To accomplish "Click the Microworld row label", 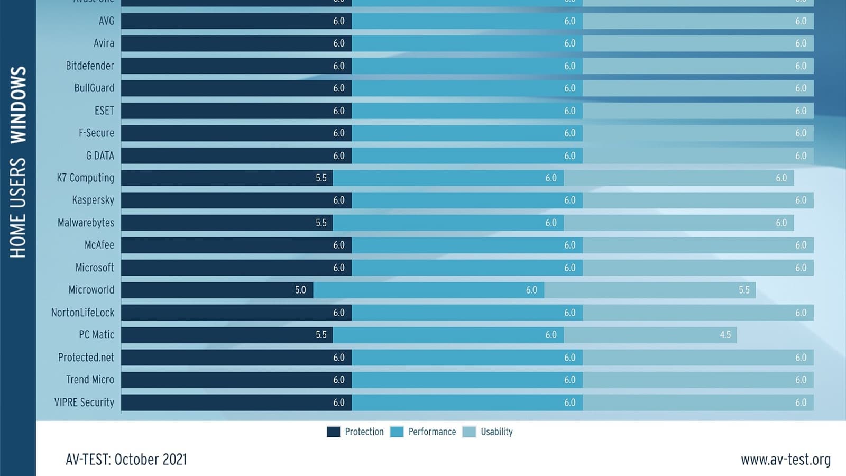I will (91, 290).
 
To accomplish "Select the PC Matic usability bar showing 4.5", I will (650, 335).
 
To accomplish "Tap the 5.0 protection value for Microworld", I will (300, 290).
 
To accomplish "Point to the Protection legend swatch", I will (333, 432).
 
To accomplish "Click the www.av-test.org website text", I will (785, 460).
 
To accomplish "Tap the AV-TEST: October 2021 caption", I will (126, 460).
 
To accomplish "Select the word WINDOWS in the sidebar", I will (19, 105).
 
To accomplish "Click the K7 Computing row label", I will (85, 178).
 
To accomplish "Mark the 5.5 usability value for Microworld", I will (744, 290).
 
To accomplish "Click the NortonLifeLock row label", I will (82, 313).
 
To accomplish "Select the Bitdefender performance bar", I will (467, 66).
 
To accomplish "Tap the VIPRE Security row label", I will (84, 402).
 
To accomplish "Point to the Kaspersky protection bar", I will (236, 200).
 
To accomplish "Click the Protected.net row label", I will (86, 358).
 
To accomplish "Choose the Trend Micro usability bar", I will (698, 380).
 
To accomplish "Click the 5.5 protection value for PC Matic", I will (321, 335).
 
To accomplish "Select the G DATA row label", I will (100, 155).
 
